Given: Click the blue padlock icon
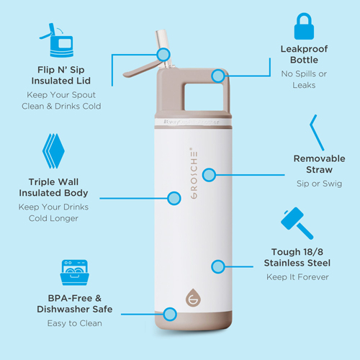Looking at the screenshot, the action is point(304,27).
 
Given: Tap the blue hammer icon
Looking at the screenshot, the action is point(297,223).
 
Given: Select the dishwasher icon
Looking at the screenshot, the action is point(74,272).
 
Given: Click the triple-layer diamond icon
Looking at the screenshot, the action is point(53,151).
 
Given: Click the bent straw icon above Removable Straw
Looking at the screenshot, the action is point(316,132).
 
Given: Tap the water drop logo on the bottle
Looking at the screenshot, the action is point(193,297).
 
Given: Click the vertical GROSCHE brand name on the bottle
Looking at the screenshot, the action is point(194,173).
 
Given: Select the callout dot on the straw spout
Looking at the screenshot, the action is point(163,55).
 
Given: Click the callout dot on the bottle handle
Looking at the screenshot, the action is point(218,76).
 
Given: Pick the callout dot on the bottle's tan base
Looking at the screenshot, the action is point(170,314).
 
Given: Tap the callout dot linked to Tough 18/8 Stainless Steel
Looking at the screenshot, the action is point(218,266).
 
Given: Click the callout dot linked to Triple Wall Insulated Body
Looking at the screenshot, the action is point(174,198).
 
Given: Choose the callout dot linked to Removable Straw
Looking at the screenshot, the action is point(209,175).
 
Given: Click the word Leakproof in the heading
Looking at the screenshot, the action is point(304,49).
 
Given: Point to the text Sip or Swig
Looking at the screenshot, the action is point(319,184).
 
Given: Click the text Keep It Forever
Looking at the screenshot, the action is point(297,277).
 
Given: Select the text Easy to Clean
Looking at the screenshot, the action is point(75,323).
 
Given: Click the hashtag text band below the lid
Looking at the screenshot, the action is point(192,122).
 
